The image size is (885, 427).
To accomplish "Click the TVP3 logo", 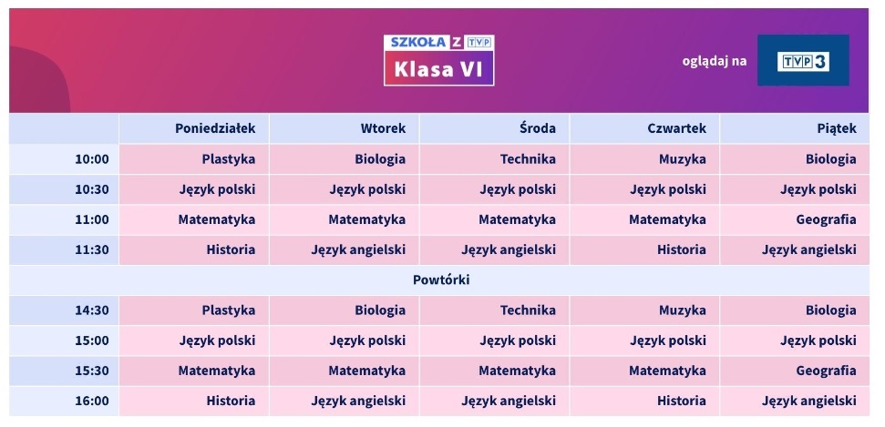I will (803, 61).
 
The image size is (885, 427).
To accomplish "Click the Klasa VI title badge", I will (438, 69).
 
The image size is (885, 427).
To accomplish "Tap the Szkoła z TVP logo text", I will (438, 42).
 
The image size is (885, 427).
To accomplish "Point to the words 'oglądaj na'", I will (714, 61).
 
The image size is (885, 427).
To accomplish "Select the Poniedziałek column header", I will (215, 128).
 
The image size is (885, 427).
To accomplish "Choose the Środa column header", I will (537, 128).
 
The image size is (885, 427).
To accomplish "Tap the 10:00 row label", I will (91, 158).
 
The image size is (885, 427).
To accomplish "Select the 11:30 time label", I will (91, 249).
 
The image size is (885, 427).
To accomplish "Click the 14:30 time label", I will (91, 310).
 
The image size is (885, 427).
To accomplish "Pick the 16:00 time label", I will (91, 400).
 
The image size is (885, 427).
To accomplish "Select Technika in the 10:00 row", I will (527, 158).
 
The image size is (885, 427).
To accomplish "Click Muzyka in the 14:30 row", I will (682, 310).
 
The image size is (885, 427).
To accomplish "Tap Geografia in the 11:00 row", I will (825, 219).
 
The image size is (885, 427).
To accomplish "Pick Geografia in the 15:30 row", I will (825, 371).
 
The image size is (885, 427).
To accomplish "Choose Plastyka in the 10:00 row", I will (228, 158).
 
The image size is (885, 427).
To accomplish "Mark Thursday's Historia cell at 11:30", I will (681, 249).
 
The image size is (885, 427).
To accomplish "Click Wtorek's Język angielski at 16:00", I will (357, 400).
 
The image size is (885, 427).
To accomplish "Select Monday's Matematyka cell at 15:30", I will (216, 371).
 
